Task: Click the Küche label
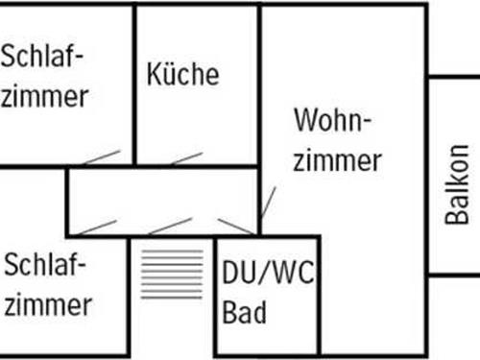[182, 74]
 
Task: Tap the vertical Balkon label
[458, 184]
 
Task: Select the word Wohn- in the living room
[332, 122]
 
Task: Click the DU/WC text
[268, 276]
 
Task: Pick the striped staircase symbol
[172, 274]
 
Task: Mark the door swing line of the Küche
[186, 157]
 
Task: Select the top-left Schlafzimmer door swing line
[101, 157]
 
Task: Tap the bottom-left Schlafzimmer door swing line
[96, 228]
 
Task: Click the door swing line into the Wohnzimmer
[268, 203]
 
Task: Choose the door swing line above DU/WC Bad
[235, 227]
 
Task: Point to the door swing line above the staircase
[170, 227]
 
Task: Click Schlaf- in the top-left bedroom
[42, 56]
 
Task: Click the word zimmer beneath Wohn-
[337, 160]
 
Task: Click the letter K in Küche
[154, 74]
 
